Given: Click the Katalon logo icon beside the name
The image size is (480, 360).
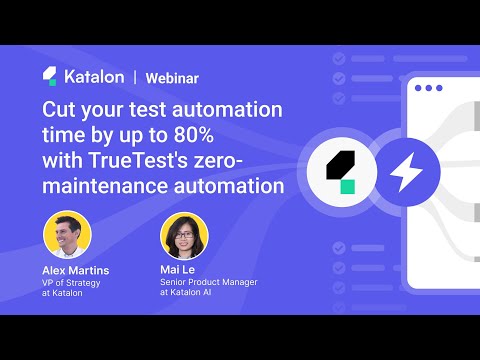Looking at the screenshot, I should (x=50, y=76).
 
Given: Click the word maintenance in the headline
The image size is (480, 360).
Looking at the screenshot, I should (x=107, y=185).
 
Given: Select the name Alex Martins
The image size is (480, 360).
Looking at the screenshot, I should (x=75, y=270).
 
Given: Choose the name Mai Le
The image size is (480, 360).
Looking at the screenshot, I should (x=180, y=270).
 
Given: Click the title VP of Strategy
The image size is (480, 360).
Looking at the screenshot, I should (x=72, y=282).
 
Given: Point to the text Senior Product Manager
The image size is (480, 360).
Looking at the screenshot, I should (x=208, y=282).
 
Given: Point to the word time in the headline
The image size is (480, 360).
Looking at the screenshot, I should (x=62, y=135).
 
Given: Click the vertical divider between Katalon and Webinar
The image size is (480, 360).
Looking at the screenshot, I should (x=135, y=76).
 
